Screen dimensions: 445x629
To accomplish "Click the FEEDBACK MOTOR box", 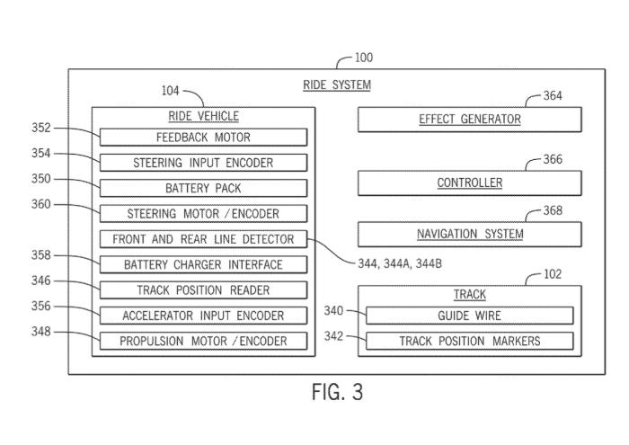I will click(203, 138).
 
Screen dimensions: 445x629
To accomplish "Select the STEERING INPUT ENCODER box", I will click(203, 163).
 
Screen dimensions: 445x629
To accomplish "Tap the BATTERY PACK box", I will click(203, 189).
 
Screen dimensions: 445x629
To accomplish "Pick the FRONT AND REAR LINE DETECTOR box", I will click(203, 239).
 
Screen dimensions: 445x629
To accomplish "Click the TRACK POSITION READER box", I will click(203, 290).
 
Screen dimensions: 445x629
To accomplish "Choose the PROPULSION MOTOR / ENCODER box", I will click(203, 341).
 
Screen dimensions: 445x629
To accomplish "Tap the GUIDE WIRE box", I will click(470, 316).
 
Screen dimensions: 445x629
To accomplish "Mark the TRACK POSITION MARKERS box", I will click(470, 341).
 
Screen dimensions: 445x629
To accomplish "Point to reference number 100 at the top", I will click(363, 58).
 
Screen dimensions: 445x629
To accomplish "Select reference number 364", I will click(553, 96).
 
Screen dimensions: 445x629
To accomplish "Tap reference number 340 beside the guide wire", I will click(333, 311).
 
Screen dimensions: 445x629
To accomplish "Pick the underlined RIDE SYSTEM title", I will click(336, 85).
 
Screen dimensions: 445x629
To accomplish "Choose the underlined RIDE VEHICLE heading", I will click(203, 117).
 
